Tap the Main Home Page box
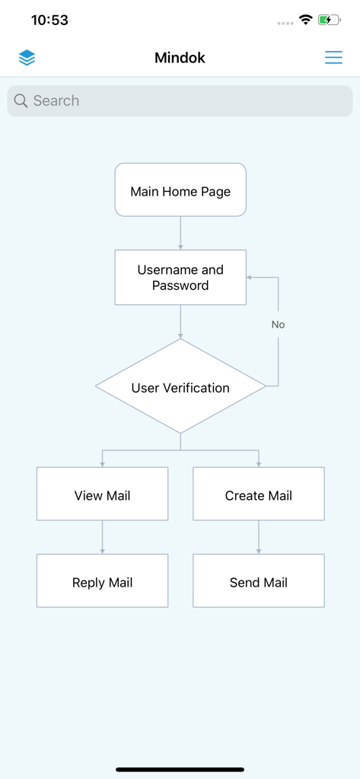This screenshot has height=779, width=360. tap(180, 190)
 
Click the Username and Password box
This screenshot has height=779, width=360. tap(180, 278)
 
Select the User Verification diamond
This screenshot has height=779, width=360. tap(180, 387)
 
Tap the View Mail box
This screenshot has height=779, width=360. tap(102, 494)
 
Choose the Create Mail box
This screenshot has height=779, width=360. tap(259, 494)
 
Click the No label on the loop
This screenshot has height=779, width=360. tap(278, 325)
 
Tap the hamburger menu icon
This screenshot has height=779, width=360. tap(333, 58)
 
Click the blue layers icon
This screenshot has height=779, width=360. tap(27, 58)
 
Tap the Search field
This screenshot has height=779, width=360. tap(190, 100)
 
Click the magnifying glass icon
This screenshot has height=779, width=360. tap(21, 100)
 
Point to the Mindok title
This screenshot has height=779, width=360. tap(180, 58)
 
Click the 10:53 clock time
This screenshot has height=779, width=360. tap(49, 21)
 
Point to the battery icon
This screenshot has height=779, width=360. tap(329, 21)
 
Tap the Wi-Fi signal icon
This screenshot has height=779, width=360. tap(306, 21)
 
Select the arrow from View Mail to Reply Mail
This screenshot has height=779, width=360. tap(102, 537)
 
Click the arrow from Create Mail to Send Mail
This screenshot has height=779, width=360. tap(259, 537)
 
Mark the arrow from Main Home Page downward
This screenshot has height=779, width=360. tap(180, 233)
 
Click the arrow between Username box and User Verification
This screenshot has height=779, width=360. tap(180, 321)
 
